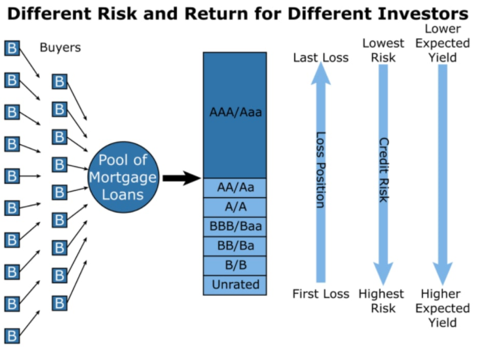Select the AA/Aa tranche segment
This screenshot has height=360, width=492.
click(x=235, y=188)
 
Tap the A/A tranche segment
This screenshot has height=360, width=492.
click(x=235, y=208)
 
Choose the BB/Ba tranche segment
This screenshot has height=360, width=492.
click(x=235, y=246)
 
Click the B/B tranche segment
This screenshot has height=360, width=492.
click(x=235, y=265)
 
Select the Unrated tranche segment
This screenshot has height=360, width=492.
click(x=235, y=284)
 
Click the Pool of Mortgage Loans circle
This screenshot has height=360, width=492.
click(x=123, y=177)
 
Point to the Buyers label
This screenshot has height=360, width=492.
click(x=60, y=48)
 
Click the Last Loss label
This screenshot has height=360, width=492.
click(x=321, y=58)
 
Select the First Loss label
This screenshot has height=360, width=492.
click(x=321, y=294)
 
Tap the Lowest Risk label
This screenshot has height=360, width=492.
click(x=383, y=51)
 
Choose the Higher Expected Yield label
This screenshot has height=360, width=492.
click(x=445, y=308)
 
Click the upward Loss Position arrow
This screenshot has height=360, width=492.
click(x=321, y=174)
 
